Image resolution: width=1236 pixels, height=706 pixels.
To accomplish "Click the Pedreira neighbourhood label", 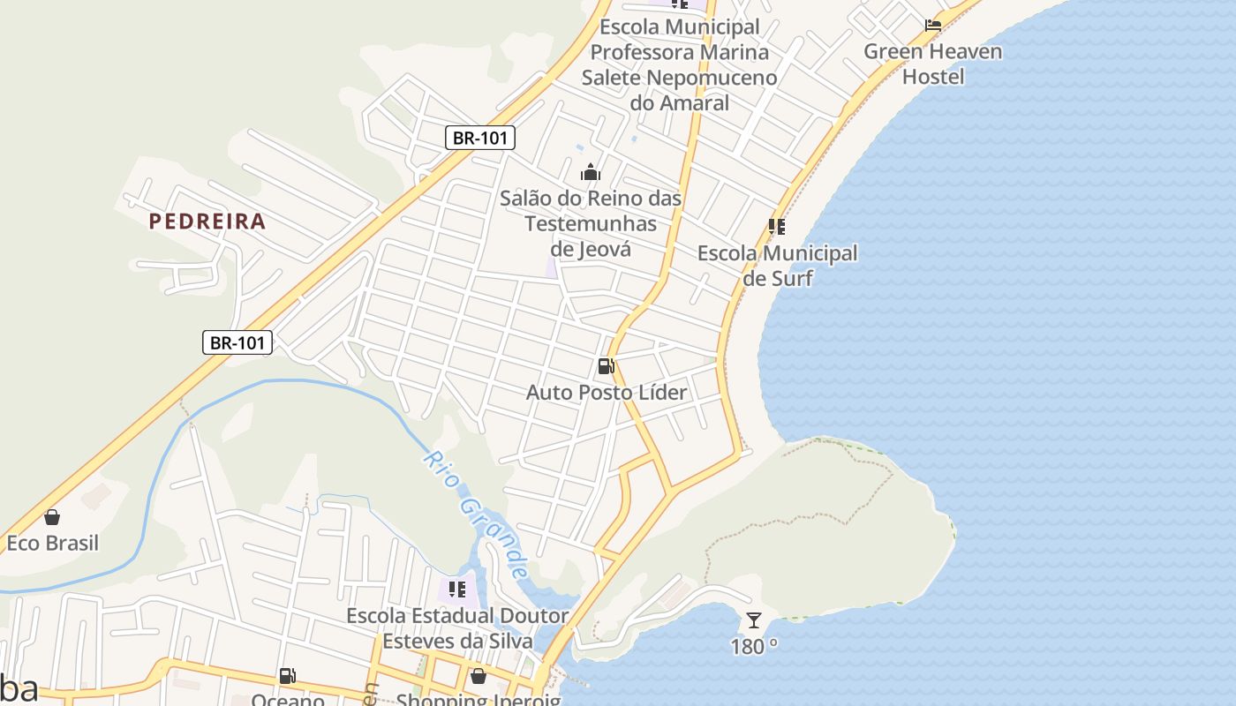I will [207, 221].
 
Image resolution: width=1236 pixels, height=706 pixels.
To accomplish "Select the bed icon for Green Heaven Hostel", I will [933, 25].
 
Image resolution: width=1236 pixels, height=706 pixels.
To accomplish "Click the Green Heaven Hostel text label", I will [933, 64].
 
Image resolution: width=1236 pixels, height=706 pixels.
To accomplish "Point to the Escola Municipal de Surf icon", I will [777, 227].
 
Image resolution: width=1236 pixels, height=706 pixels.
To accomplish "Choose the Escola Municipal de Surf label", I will [777, 266].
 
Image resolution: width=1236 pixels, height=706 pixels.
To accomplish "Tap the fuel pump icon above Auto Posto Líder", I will [607, 366].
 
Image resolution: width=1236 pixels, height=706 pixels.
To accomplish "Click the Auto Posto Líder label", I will [607, 392].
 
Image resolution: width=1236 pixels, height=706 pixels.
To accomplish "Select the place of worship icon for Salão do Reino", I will [591, 172].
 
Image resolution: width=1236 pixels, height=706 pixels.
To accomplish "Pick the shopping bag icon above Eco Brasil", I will [52, 517].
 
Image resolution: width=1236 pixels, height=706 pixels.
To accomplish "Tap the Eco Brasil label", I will [52, 543].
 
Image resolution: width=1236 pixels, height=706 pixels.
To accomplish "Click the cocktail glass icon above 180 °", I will [754, 620].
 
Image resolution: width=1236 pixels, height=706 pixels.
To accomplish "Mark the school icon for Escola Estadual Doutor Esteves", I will [456, 589].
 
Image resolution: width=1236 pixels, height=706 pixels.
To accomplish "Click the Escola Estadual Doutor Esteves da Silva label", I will [456, 627].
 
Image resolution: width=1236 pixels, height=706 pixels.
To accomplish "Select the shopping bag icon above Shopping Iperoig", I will [478, 676].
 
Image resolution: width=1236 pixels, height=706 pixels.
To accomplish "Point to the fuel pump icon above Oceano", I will [288, 676].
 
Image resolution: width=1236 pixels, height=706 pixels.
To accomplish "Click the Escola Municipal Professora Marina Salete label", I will [679, 64].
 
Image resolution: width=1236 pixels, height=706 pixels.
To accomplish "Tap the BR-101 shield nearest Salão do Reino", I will [479, 138].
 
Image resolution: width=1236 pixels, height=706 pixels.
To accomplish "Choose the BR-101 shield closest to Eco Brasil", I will [237, 342].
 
